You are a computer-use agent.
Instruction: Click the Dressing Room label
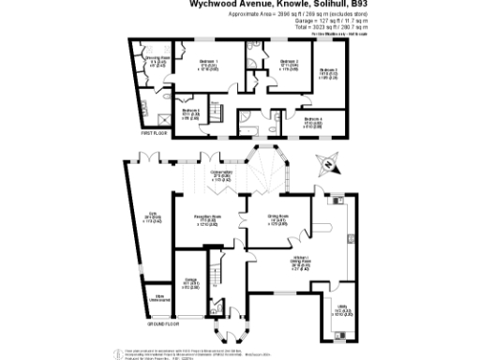pyautogui.click(x=155, y=62)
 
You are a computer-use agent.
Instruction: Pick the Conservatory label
pyautogui.click(x=221, y=174)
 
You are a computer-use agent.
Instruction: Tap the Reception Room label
pyautogui.click(x=206, y=219)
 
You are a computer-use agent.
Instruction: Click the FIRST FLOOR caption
pyautogui.click(x=153, y=134)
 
